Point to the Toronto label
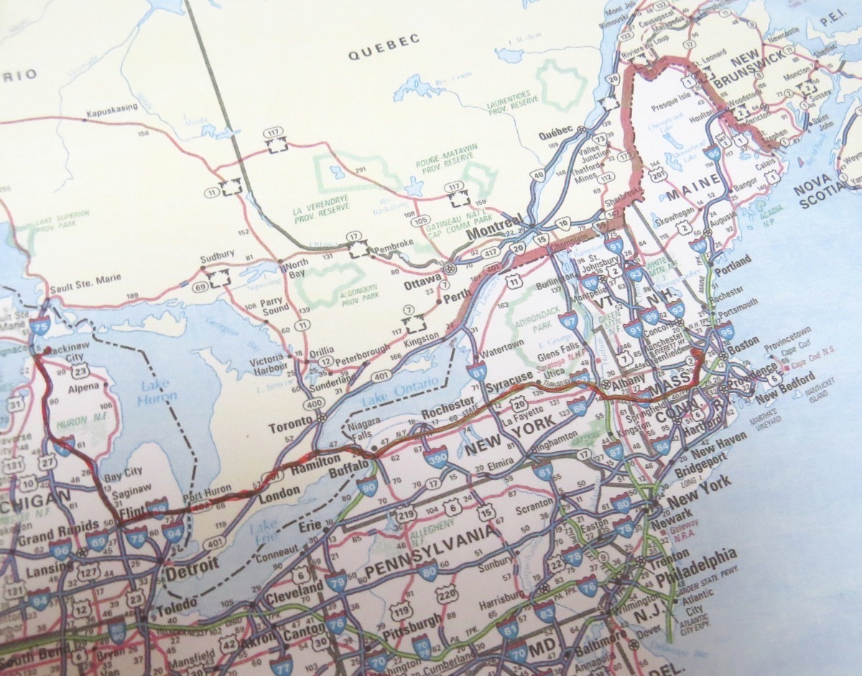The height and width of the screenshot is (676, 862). (x=292, y=427)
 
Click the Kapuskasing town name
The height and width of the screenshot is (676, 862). (x=109, y=114)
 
